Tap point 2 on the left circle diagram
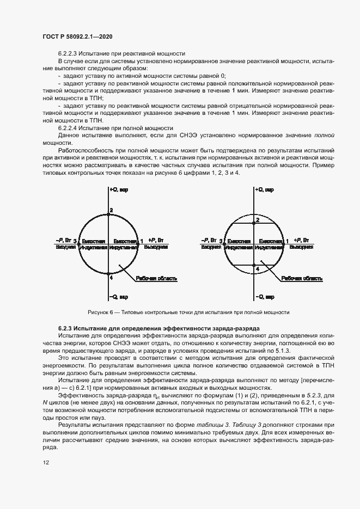(111, 210)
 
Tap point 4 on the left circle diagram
(111, 277)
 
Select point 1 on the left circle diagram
(142, 241)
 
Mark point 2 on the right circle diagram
(258, 219)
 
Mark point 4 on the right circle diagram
(258, 268)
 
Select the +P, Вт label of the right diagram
(301, 240)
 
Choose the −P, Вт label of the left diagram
(64, 240)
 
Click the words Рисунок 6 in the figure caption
(100, 312)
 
